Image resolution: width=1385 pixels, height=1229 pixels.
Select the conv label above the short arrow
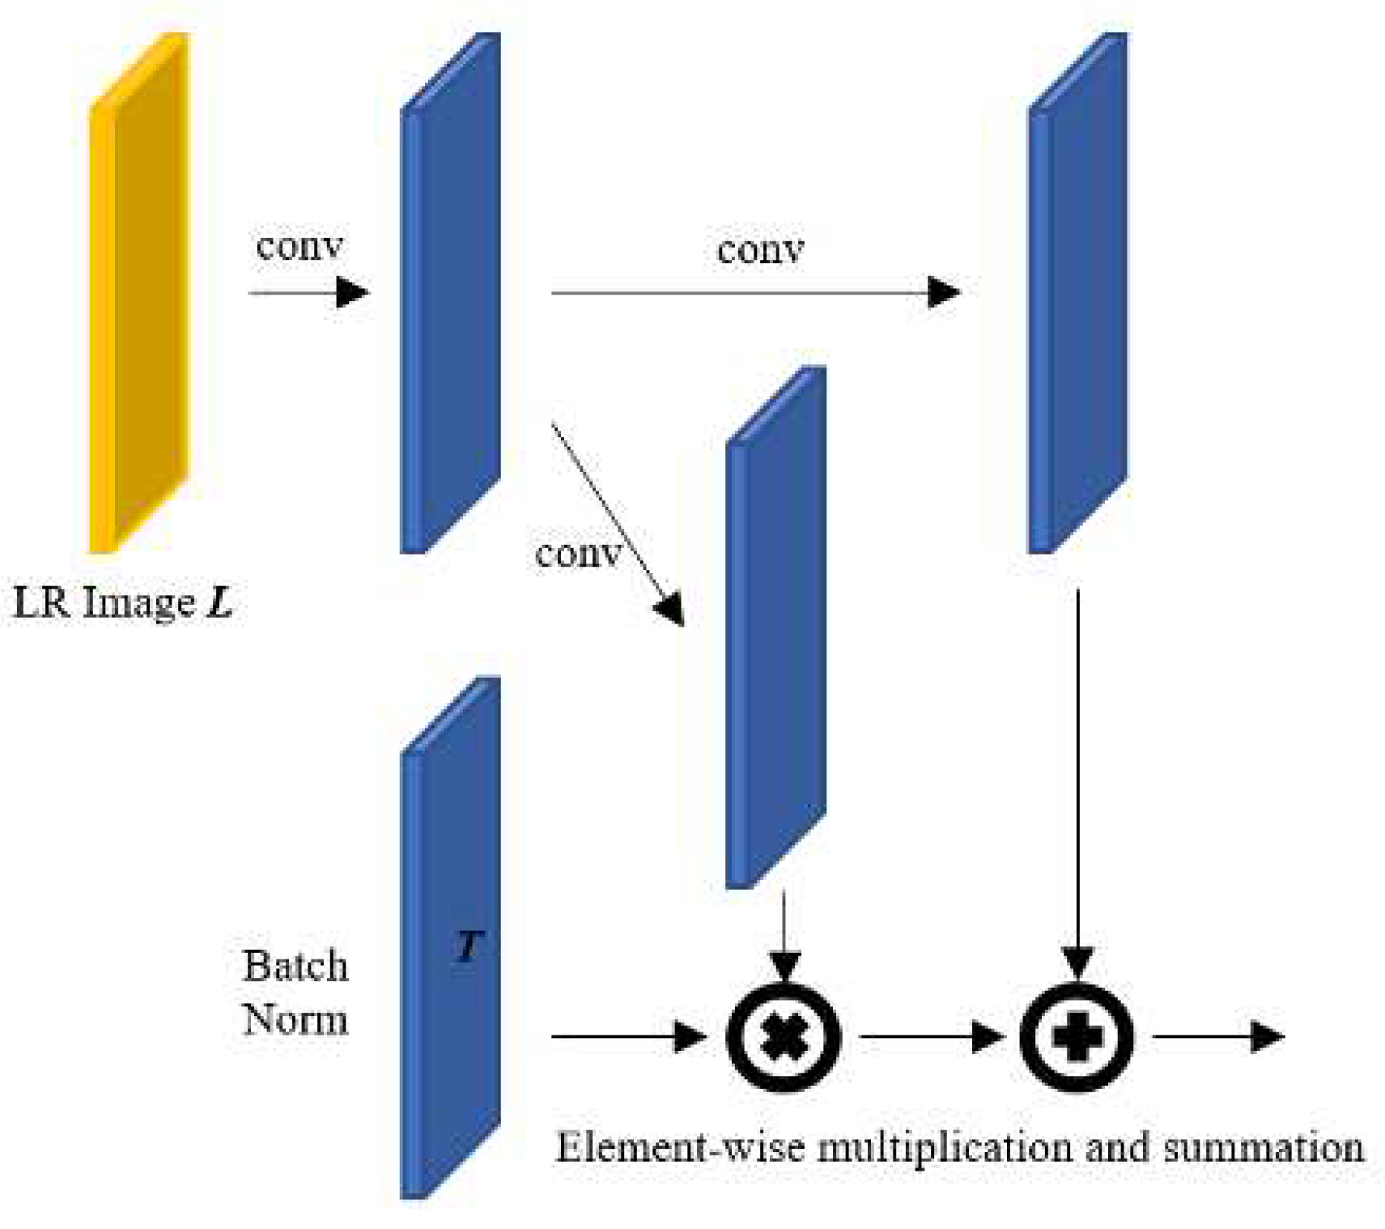coord(299,246)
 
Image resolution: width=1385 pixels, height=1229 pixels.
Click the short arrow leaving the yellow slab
coord(308,292)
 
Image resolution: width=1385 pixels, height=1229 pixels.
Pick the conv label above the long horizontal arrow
coord(760,250)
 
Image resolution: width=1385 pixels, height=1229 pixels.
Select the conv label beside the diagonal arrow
coord(577,555)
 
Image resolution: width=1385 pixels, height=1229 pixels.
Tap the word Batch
coord(295,967)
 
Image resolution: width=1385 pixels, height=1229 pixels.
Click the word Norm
coord(295,1019)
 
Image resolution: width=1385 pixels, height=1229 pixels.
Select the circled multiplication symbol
coord(784,1037)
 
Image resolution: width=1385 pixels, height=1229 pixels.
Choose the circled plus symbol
coord(1077,1037)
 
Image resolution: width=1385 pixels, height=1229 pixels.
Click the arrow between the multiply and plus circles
coord(931,1036)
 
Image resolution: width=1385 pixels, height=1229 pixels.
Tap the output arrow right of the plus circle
coord(1217,1036)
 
